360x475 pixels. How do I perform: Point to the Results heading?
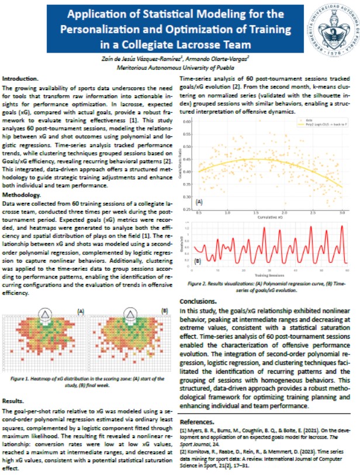[x=13, y=401]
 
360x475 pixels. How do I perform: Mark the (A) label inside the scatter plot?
[x=199, y=202]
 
